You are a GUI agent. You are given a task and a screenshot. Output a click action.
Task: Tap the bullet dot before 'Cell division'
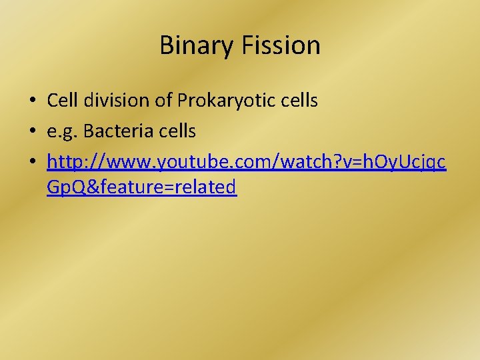tap(33, 101)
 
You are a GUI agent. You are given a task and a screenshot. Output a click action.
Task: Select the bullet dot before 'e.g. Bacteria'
tap(33, 132)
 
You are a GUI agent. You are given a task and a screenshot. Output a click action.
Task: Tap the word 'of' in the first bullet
tap(164, 101)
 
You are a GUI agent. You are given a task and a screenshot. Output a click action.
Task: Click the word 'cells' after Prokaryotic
tap(298, 101)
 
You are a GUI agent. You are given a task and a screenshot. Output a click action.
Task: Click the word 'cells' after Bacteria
tap(175, 131)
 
